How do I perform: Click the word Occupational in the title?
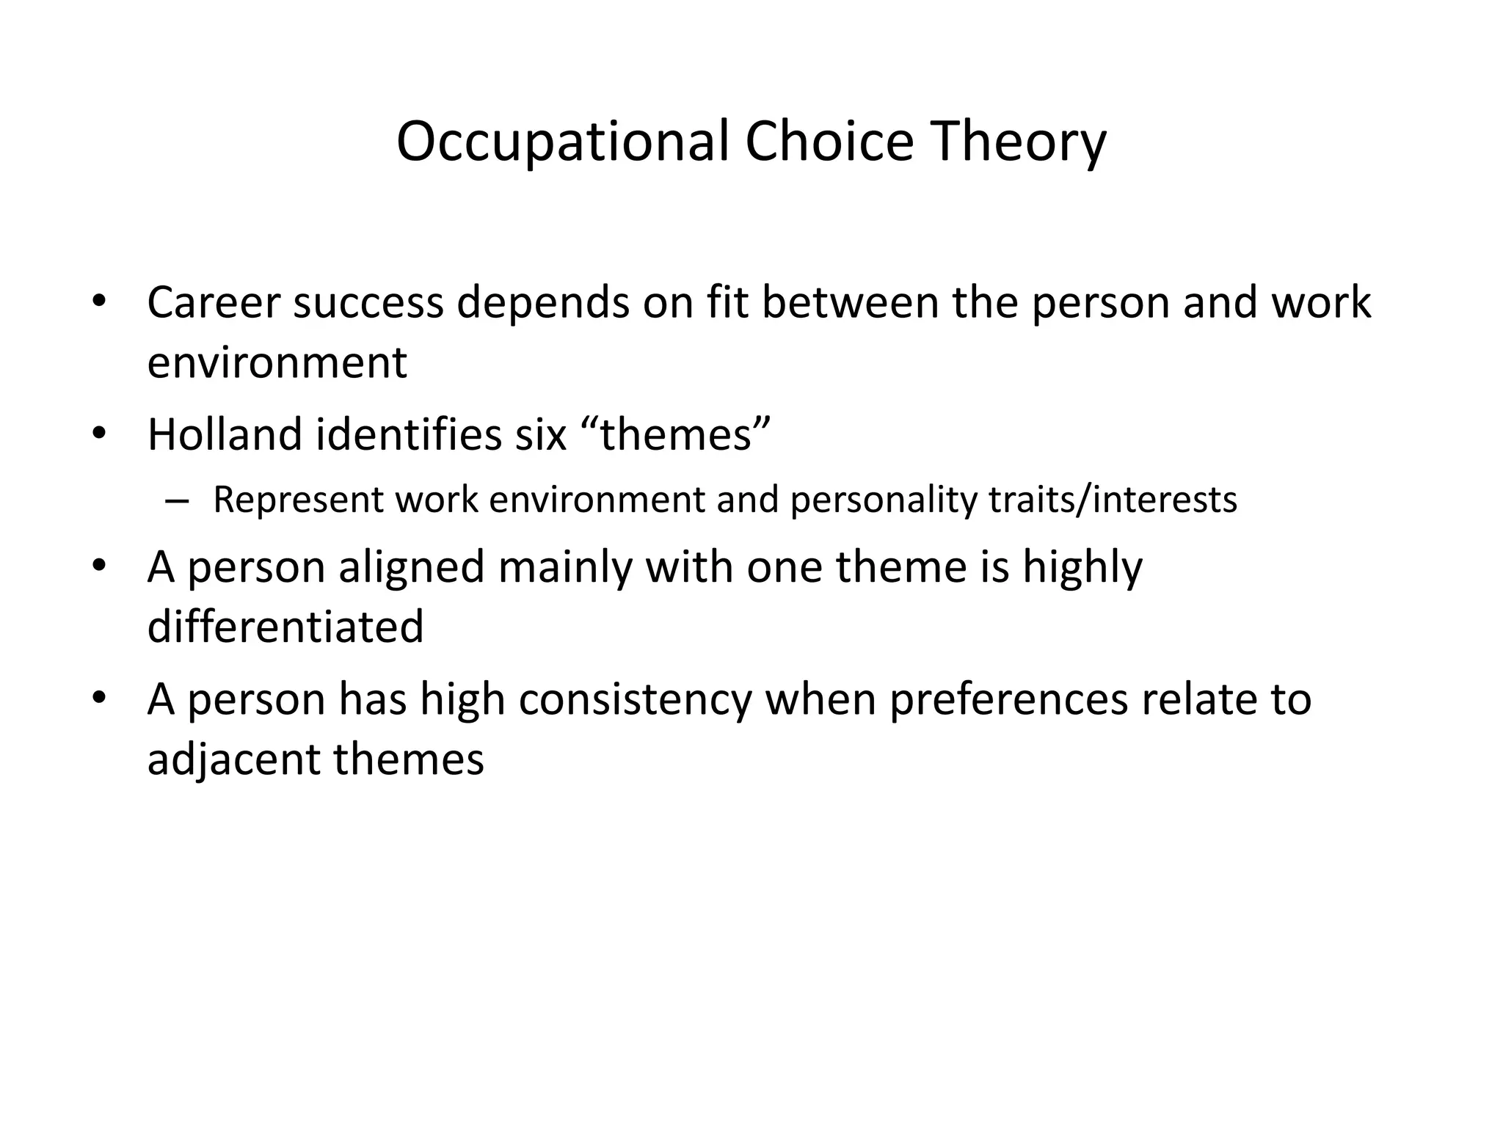coord(563,142)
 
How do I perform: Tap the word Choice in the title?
coord(829,142)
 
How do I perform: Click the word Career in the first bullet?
coord(214,302)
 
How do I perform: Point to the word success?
coord(368,302)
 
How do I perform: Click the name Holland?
coord(225,434)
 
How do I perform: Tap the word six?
coord(541,434)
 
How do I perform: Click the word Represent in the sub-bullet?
coord(298,500)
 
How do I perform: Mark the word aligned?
coord(412,567)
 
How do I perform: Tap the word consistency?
coord(636,699)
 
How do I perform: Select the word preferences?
coord(1009,699)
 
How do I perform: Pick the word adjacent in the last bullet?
coord(233,759)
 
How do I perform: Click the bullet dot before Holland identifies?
coord(100,432)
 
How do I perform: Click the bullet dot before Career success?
coord(100,301)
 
